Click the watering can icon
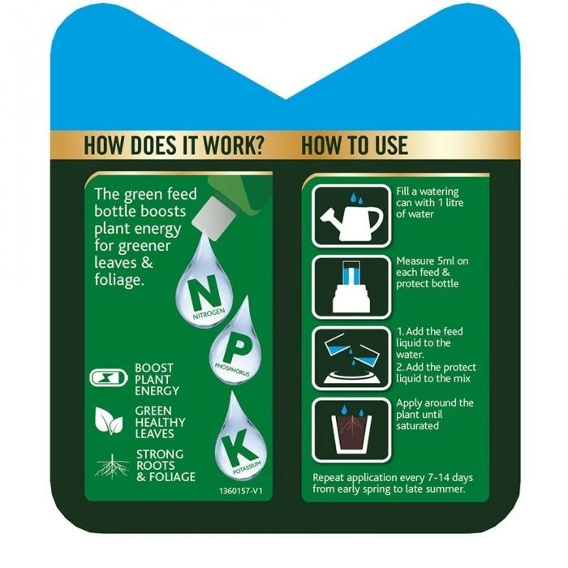(351, 215)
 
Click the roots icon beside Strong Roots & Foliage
(111, 466)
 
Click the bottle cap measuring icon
(351, 286)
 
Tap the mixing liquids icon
(351, 357)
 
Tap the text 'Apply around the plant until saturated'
(435, 414)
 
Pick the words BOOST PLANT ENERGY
(154, 379)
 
